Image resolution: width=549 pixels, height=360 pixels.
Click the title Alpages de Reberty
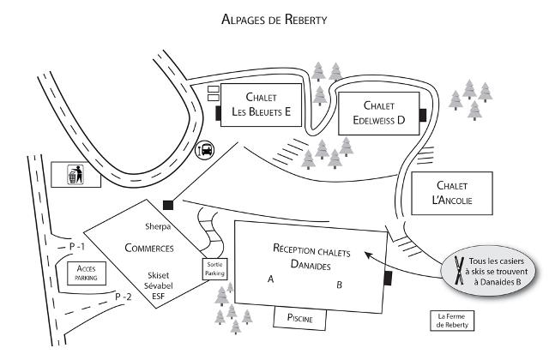[x=274, y=18]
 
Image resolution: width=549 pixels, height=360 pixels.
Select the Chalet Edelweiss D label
[x=378, y=113]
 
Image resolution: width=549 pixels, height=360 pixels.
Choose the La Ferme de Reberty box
[x=451, y=320]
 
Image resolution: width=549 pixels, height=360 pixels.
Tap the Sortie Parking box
[x=214, y=270]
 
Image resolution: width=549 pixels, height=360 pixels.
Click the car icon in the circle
[x=206, y=149]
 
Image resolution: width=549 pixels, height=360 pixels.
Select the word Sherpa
[x=159, y=227]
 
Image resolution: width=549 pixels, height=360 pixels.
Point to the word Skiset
[x=160, y=276]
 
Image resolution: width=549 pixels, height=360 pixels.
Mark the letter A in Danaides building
[x=271, y=279]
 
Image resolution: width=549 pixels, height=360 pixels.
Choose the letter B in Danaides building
[x=339, y=284]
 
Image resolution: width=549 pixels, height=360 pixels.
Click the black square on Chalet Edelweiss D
[x=422, y=115]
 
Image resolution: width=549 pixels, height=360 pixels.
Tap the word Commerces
[x=149, y=249]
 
